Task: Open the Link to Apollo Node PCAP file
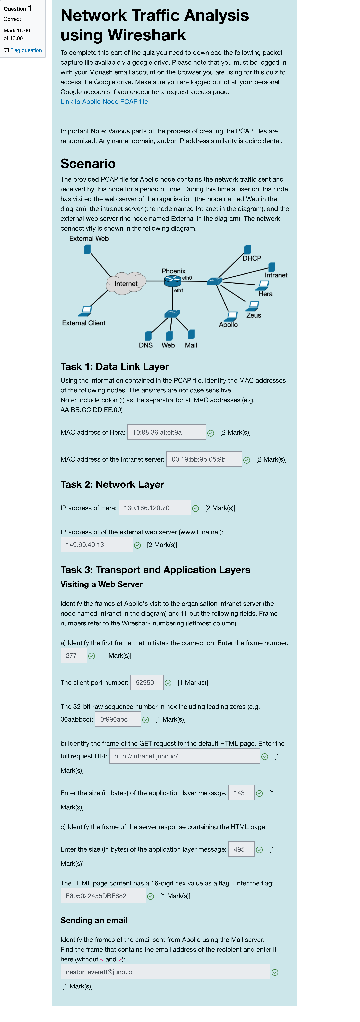tap(104, 102)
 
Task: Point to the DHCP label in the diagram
tap(252, 258)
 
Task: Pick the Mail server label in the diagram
tap(191, 345)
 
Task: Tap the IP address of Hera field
tap(154, 508)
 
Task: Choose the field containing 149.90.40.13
tap(96, 545)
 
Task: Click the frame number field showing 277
tap(73, 655)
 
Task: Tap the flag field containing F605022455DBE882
tap(103, 896)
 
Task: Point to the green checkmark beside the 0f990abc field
tap(146, 720)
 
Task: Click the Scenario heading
tap(88, 163)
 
